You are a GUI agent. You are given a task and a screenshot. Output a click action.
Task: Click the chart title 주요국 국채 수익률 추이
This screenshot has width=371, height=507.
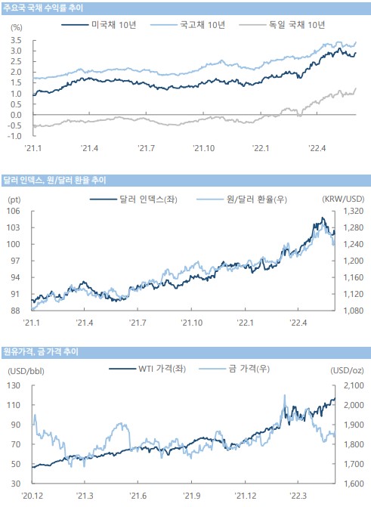(43, 8)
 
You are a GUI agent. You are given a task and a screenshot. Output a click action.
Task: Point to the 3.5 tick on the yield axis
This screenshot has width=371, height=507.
(16, 40)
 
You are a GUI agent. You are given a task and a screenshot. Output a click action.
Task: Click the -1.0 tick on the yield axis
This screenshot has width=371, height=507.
(14, 136)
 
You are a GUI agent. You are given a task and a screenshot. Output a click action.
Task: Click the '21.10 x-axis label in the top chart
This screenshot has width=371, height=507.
(203, 148)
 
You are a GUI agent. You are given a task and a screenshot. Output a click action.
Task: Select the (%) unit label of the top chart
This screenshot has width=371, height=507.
(17, 28)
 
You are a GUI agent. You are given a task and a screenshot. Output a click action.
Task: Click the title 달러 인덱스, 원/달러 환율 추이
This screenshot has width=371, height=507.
(54, 180)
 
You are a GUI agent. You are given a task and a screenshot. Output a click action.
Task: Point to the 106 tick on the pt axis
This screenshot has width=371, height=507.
(14, 211)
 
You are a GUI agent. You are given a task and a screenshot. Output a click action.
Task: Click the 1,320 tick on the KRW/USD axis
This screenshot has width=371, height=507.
(353, 211)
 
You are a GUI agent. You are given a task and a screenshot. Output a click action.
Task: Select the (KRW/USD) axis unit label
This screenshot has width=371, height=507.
(343, 199)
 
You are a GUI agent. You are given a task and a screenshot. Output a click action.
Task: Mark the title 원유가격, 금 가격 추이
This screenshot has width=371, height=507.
(41, 352)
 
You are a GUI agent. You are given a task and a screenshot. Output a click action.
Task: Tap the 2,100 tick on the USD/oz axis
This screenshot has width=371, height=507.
(354, 385)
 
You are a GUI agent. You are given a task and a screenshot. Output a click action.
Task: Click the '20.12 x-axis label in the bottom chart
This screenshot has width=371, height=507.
(32, 496)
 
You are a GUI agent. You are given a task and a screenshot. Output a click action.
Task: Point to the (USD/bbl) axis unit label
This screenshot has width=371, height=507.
(26, 371)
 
